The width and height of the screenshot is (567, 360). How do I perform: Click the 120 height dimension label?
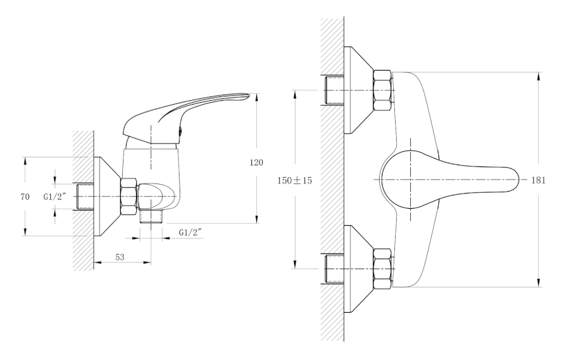point(256,163)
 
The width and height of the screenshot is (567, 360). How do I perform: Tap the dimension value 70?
point(25,197)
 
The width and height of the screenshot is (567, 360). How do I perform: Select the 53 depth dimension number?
point(120,257)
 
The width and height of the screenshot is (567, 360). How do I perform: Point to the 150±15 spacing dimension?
point(294,180)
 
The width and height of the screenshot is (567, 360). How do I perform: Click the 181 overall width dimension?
point(538,180)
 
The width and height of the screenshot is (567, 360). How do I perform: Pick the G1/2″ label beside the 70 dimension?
point(55,197)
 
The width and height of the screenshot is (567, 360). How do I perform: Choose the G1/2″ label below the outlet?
point(190,233)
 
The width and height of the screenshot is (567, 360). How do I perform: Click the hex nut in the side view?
point(129,197)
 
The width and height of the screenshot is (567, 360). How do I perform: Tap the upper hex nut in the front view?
point(383,90)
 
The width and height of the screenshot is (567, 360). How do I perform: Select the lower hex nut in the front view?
point(383,269)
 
